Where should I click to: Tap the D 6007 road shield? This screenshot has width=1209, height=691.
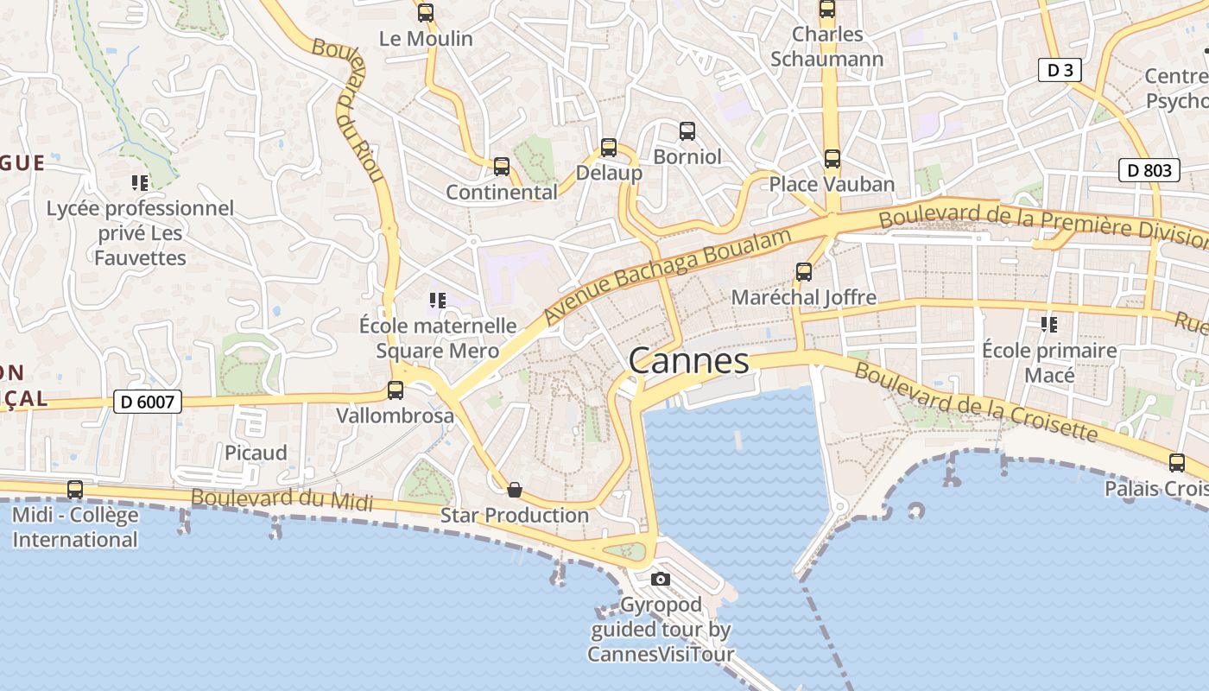click(x=148, y=401)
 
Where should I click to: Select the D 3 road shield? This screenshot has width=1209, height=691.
click(x=1060, y=70)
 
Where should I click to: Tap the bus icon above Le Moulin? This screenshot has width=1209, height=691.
click(x=426, y=13)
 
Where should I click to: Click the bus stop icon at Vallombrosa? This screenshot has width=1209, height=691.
click(x=396, y=390)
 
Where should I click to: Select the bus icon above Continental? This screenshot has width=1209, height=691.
click(x=502, y=167)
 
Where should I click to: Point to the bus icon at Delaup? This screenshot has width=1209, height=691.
click(x=609, y=148)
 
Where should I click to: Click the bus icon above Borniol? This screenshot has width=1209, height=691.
click(x=687, y=131)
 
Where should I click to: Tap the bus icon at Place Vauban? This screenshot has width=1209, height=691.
click(x=832, y=159)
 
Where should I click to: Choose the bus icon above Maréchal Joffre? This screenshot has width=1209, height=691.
click(x=804, y=272)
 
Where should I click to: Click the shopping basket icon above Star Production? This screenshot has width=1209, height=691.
click(x=515, y=490)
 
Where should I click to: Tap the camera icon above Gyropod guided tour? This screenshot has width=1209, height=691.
click(x=661, y=579)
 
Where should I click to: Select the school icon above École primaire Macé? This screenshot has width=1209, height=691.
click(x=1049, y=325)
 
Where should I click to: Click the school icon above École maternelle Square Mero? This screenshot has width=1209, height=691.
click(x=438, y=301)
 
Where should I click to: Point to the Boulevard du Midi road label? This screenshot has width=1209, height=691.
click(x=282, y=499)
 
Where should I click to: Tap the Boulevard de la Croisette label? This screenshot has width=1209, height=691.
click(x=976, y=403)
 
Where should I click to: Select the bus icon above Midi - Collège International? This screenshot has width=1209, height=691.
click(x=75, y=490)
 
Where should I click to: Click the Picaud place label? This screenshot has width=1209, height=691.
click(x=256, y=453)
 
